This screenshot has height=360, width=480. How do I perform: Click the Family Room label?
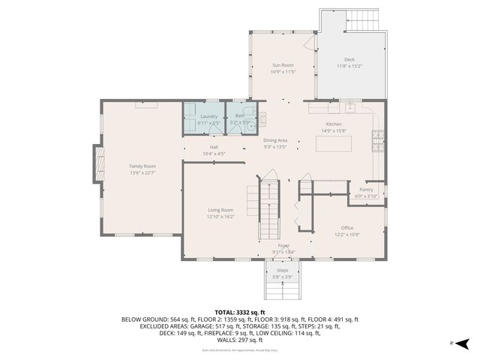(x=142, y=166)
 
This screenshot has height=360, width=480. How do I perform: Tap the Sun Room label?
(x=283, y=66)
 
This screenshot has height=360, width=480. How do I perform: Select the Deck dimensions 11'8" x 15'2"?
(x=349, y=66)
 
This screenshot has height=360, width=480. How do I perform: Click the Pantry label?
(x=366, y=190)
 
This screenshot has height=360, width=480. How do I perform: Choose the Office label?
(x=346, y=228)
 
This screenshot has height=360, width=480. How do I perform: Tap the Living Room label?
(x=220, y=210)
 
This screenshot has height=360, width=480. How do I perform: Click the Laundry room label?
(x=208, y=116)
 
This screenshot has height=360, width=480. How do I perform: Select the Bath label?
(x=240, y=116)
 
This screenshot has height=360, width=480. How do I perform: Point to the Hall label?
(x=214, y=147)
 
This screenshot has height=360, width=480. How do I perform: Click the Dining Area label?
(x=275, y=140)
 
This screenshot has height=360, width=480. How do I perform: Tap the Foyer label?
(x=283, y=245)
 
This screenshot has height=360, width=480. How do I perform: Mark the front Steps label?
(x=283, y=270)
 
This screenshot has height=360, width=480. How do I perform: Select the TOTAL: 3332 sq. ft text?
(x=240, y=312)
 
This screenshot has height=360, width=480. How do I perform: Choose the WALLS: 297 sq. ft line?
(x=240, y=340)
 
